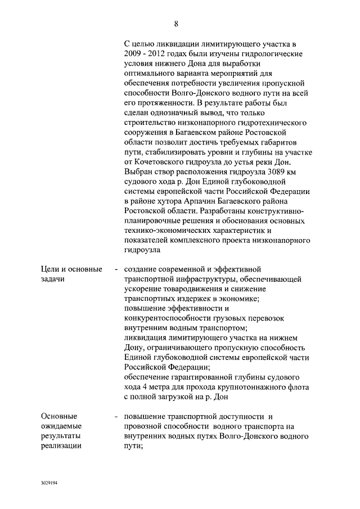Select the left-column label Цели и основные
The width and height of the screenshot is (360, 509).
[71, 269]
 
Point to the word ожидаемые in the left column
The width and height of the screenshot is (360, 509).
[61, 426]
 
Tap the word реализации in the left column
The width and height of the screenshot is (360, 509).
[61, 446]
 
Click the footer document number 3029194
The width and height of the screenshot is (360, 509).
[49, 483]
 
